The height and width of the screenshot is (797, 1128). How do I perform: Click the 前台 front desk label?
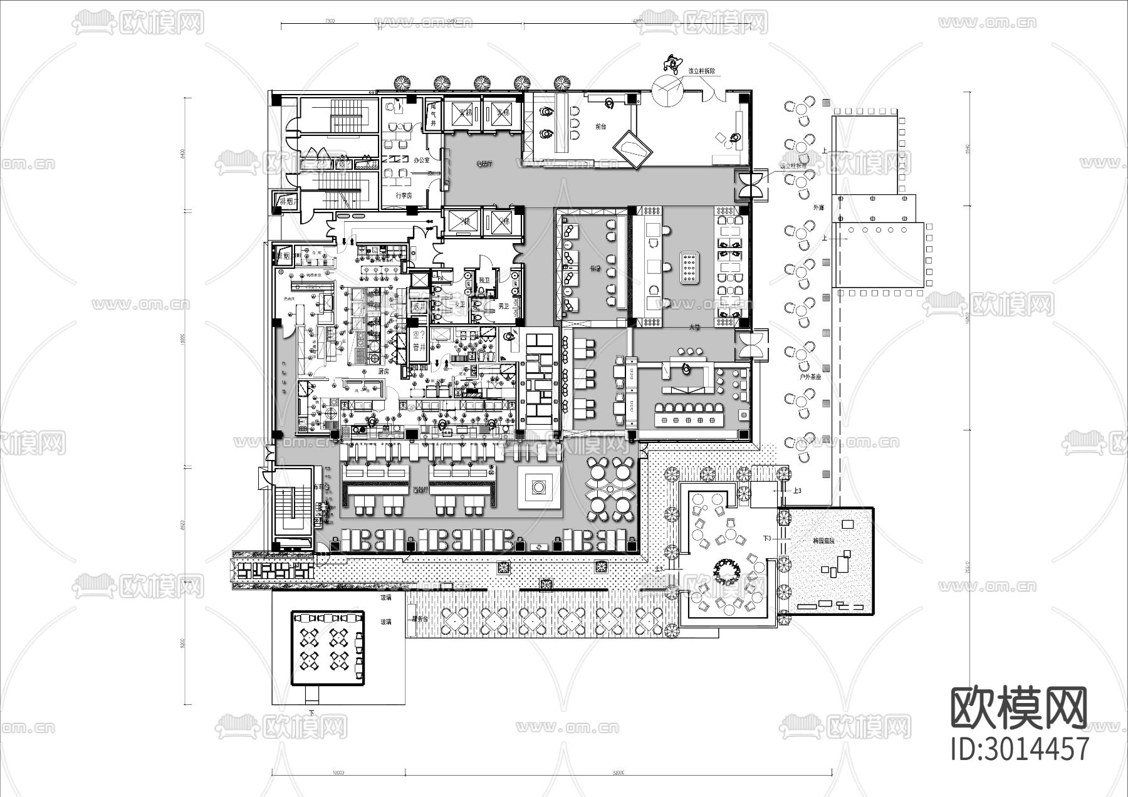point(600,127)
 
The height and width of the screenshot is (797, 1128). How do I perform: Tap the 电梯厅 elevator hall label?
point(484,164)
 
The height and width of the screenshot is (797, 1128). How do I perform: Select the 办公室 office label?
point(422,160)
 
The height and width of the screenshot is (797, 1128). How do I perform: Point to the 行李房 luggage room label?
point(404,195)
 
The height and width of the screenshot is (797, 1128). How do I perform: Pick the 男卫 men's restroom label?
point(503,306)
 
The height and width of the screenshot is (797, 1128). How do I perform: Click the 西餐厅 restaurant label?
point(420,489)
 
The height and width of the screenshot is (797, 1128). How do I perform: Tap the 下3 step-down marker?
point(766,539)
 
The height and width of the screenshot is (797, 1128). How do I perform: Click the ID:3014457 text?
point(1019,749)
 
